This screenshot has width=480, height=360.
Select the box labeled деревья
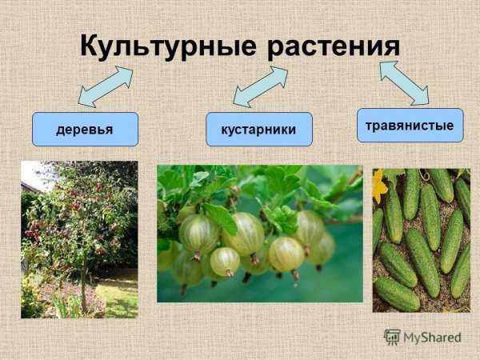coord(85,129)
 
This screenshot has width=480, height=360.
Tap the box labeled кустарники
coord(258,129)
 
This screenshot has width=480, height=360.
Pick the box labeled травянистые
coord(410,125)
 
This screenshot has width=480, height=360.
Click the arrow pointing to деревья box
coord(106,86)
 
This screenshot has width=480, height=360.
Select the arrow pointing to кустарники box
coord(260,86)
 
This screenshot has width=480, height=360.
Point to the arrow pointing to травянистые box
coord(404,82)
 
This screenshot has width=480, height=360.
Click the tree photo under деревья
coord(79,239)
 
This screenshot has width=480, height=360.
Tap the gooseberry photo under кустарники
coord(260,233)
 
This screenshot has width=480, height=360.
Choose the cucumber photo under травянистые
coord(421,239)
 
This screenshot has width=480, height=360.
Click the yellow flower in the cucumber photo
coord(379,186)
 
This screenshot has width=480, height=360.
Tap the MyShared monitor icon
coord(392,337)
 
